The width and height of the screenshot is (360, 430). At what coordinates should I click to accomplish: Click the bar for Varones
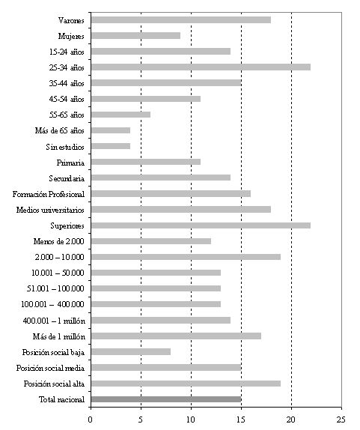click(181, 19)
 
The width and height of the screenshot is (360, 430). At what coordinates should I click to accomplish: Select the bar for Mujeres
click(136, 36)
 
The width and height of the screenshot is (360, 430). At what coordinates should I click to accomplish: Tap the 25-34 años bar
click(201, 67)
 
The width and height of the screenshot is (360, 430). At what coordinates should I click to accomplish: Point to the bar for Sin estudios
click(111, 146)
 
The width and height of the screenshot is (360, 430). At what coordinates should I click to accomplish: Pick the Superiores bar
click(201, 225)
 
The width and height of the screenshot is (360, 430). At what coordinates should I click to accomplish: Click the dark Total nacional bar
click(166, 399)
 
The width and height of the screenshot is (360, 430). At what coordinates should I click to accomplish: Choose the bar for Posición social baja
click(131, 352)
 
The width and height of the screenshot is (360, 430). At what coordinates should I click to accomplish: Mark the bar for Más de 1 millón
click(176, 336)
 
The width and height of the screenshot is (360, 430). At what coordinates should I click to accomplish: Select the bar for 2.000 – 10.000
click(186, 257)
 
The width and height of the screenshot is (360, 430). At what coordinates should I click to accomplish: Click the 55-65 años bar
click(120, 115)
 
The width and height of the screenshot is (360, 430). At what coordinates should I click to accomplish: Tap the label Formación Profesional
click(49, 195)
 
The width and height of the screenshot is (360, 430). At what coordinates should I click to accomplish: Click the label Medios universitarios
click(50, 210)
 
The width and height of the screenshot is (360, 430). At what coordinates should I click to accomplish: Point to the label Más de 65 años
click(59, 131)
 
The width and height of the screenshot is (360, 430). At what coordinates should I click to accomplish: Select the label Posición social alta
click(54, 384)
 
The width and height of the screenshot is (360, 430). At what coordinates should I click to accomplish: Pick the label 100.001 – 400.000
click(52, 304)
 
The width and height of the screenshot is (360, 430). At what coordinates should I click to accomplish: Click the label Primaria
click(70, 163)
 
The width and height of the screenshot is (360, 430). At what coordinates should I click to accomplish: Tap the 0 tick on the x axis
click(90, 420)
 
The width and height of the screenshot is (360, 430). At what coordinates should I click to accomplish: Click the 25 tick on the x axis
click(341, 420)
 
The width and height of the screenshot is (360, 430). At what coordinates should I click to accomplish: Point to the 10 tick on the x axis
click(191, 420)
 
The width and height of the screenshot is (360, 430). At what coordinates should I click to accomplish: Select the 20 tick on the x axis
click(291, 420)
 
